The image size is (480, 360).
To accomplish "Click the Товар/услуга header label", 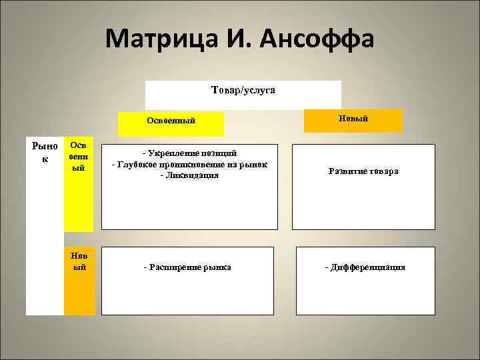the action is [243, 89].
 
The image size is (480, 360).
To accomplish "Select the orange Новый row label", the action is [79, 261].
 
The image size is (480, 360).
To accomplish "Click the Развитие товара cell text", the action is [363, 171].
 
